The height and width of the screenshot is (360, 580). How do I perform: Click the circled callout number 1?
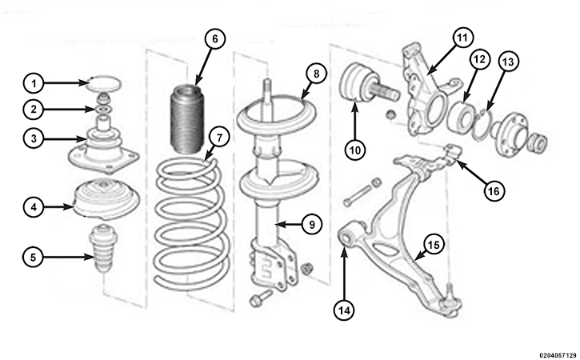[x=34, y=84]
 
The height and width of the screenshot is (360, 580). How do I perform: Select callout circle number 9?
[x=312, y=224]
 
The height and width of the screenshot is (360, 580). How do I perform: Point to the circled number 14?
[x=344, y=310]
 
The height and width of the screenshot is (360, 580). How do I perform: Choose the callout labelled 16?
[x=494, y=191]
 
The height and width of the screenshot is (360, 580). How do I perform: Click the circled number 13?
[x=508, y=62]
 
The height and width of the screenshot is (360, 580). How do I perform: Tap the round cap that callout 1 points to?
[x=103, y=84]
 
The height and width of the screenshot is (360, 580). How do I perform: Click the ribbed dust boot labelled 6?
[x=187, y=119]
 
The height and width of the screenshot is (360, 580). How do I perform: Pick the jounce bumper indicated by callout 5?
[x=103, y=248]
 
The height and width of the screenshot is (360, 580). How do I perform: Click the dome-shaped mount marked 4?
[x=107, y=198]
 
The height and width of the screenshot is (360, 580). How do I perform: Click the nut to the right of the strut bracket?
[x=306, y=268]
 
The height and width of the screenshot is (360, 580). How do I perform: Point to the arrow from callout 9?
[x=289, y=224]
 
